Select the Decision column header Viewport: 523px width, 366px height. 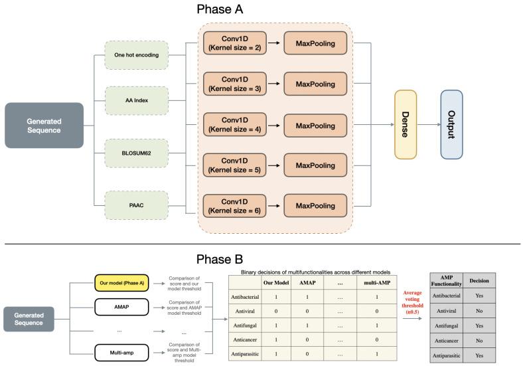point(479,280)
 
